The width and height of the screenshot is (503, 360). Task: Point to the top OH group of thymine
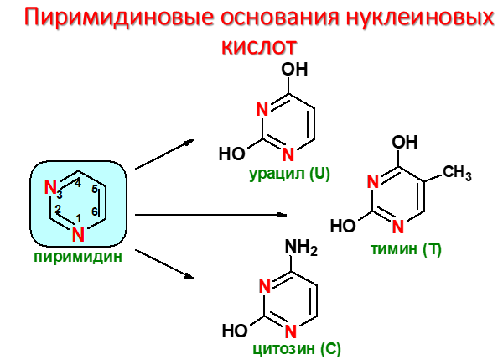(x=406, y=141)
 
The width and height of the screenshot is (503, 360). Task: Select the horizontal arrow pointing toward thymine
(x=210, y=214)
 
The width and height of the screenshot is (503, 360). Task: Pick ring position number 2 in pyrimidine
(x=59, y=210)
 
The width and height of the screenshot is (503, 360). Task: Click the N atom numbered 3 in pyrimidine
(x=49, y=186)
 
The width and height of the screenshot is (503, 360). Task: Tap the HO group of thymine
(x=343, y=226)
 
